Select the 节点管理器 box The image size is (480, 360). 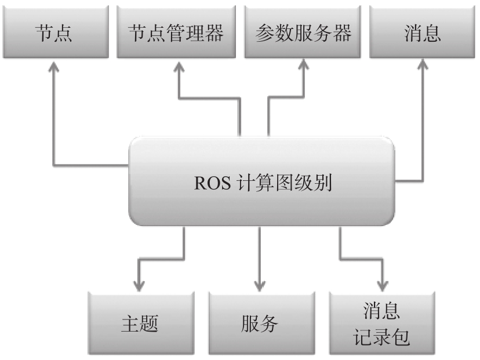coord(176,34)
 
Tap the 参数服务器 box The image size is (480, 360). coord(303,34)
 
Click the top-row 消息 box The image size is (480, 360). coord(423,34)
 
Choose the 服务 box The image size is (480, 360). coord(260,322)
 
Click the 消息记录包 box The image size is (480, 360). coord(382,322)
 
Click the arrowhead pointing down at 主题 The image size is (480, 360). coord(139,285)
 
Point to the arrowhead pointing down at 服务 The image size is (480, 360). coord(260,285)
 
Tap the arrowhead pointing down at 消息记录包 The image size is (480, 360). coord(382,285)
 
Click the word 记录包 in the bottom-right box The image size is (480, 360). coord(382,336)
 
